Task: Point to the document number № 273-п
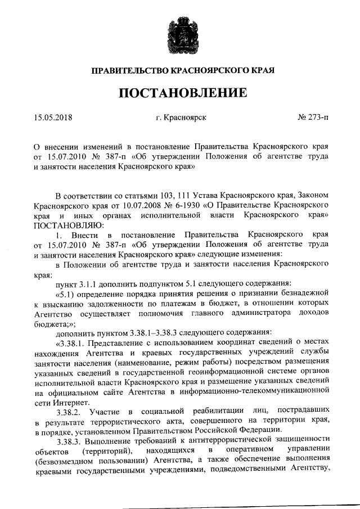click(x=313, y=118)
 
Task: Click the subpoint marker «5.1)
click(x=67, y=293)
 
